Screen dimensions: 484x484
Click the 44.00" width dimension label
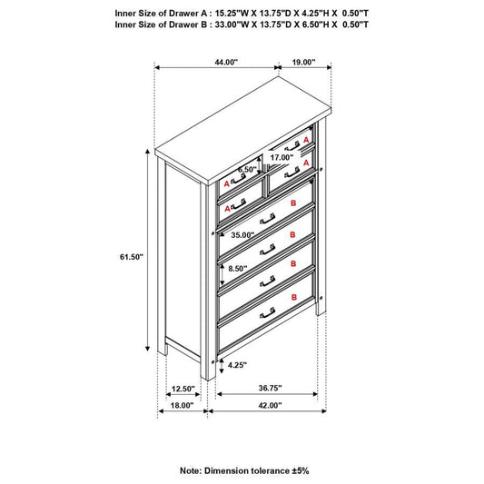[226, 62]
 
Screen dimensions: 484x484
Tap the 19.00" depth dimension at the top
[303, 62]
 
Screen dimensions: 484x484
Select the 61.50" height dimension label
[132, 257]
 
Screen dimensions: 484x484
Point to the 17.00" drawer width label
[282, 157]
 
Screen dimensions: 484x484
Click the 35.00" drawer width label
[242, 235]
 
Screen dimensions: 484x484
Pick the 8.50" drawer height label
[238, 269]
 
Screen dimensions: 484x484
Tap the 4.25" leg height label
[237, 365]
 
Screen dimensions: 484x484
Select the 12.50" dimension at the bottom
[183, 389]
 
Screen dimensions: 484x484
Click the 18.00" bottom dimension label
[182, 405]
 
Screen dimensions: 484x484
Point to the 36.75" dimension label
[270, 388]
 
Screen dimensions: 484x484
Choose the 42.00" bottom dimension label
[270, 405]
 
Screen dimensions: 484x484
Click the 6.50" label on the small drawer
[247, 170]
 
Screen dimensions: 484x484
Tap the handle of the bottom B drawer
[268, 312]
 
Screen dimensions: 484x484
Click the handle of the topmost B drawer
[268, 218]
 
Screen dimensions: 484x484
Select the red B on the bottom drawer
[294, 297]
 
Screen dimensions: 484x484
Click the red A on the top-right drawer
[306, 140]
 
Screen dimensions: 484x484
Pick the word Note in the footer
[190, 470]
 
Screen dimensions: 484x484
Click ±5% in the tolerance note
[301, 470]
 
